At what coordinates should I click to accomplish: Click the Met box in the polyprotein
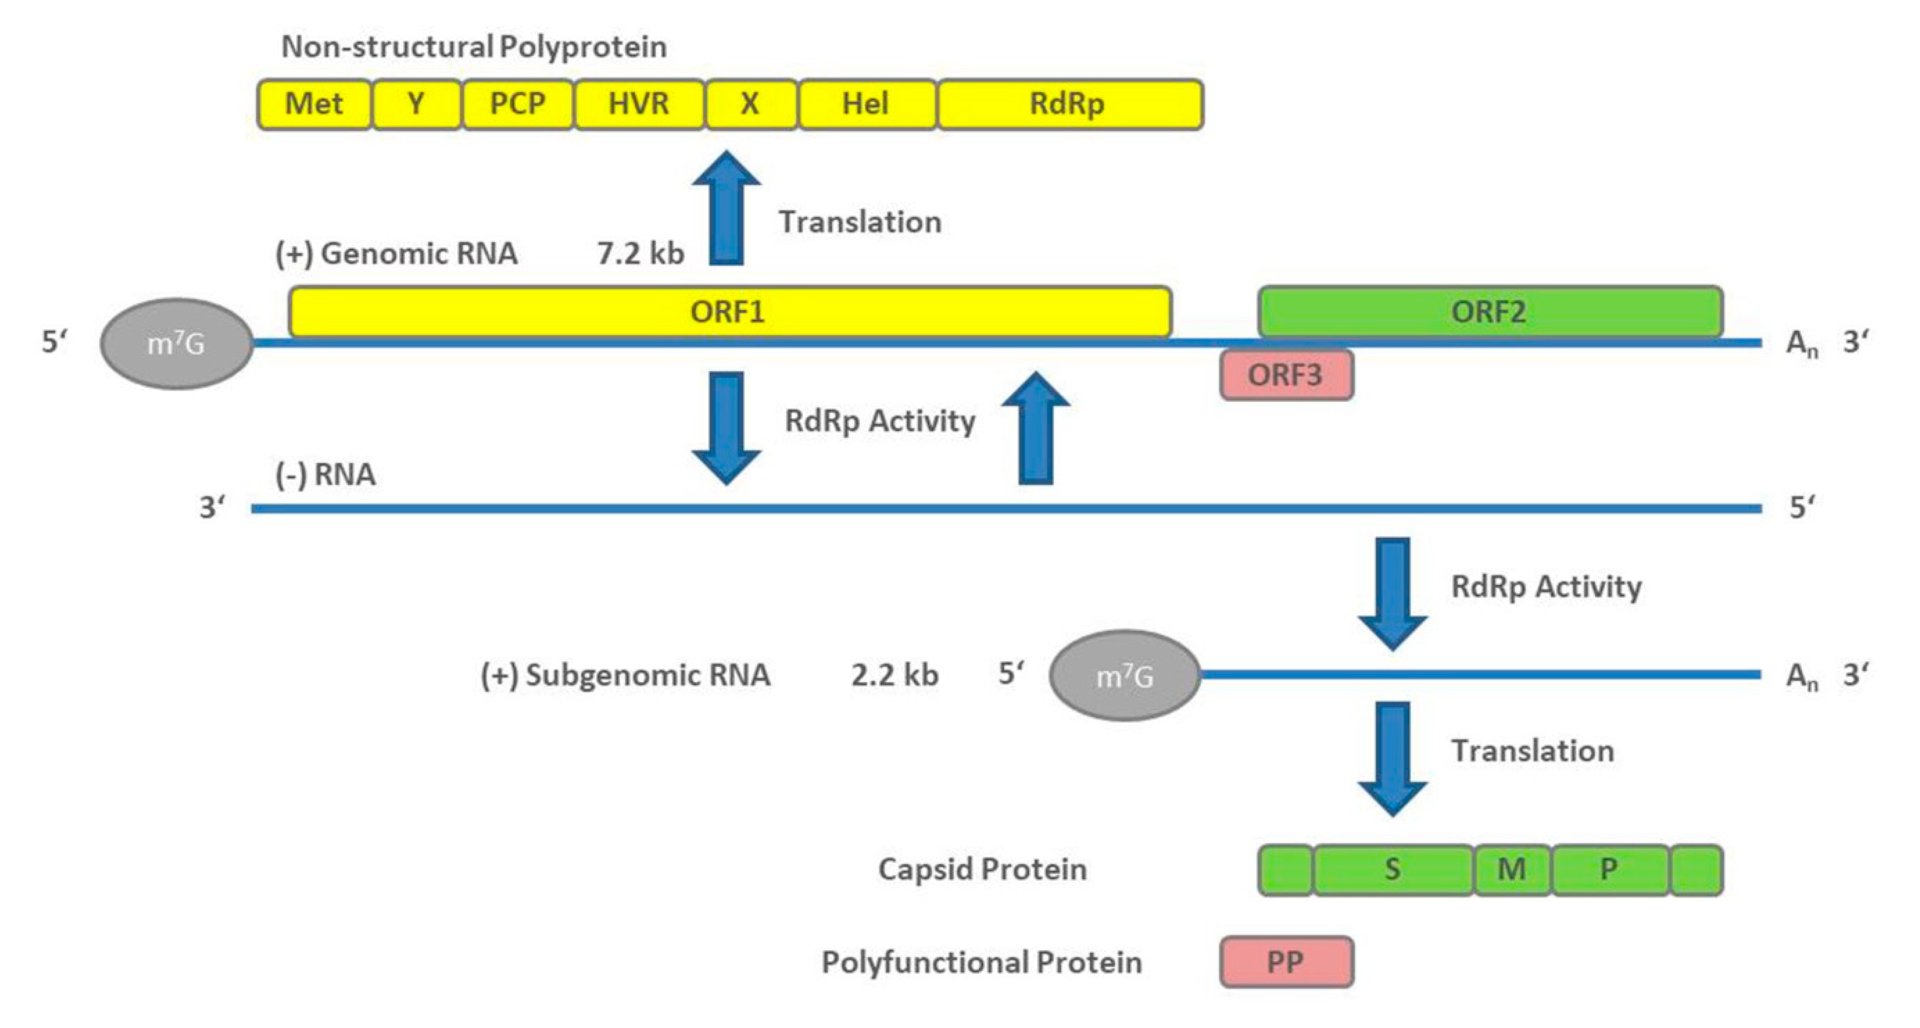click(x=314, y=104)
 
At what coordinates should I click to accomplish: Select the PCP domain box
click(x=517, y=104)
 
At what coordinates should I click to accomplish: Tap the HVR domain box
click(x=639, y=104)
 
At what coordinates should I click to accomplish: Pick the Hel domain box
click(x=866, y=104)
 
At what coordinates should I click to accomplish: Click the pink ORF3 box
click(x=1286, y=375)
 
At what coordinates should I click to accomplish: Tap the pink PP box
click(x=1286, y=962)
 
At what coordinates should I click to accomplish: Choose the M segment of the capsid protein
click(x=1512, y=869)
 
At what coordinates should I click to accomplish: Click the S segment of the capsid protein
click(x=1393, y=869)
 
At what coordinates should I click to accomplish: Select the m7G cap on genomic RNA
click(x=176, y=344)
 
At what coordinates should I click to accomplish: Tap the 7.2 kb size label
click(x=640, y=254)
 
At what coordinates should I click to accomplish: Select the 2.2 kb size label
click(x=895, y=675)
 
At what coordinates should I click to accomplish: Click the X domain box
click(x=750, y=104)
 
